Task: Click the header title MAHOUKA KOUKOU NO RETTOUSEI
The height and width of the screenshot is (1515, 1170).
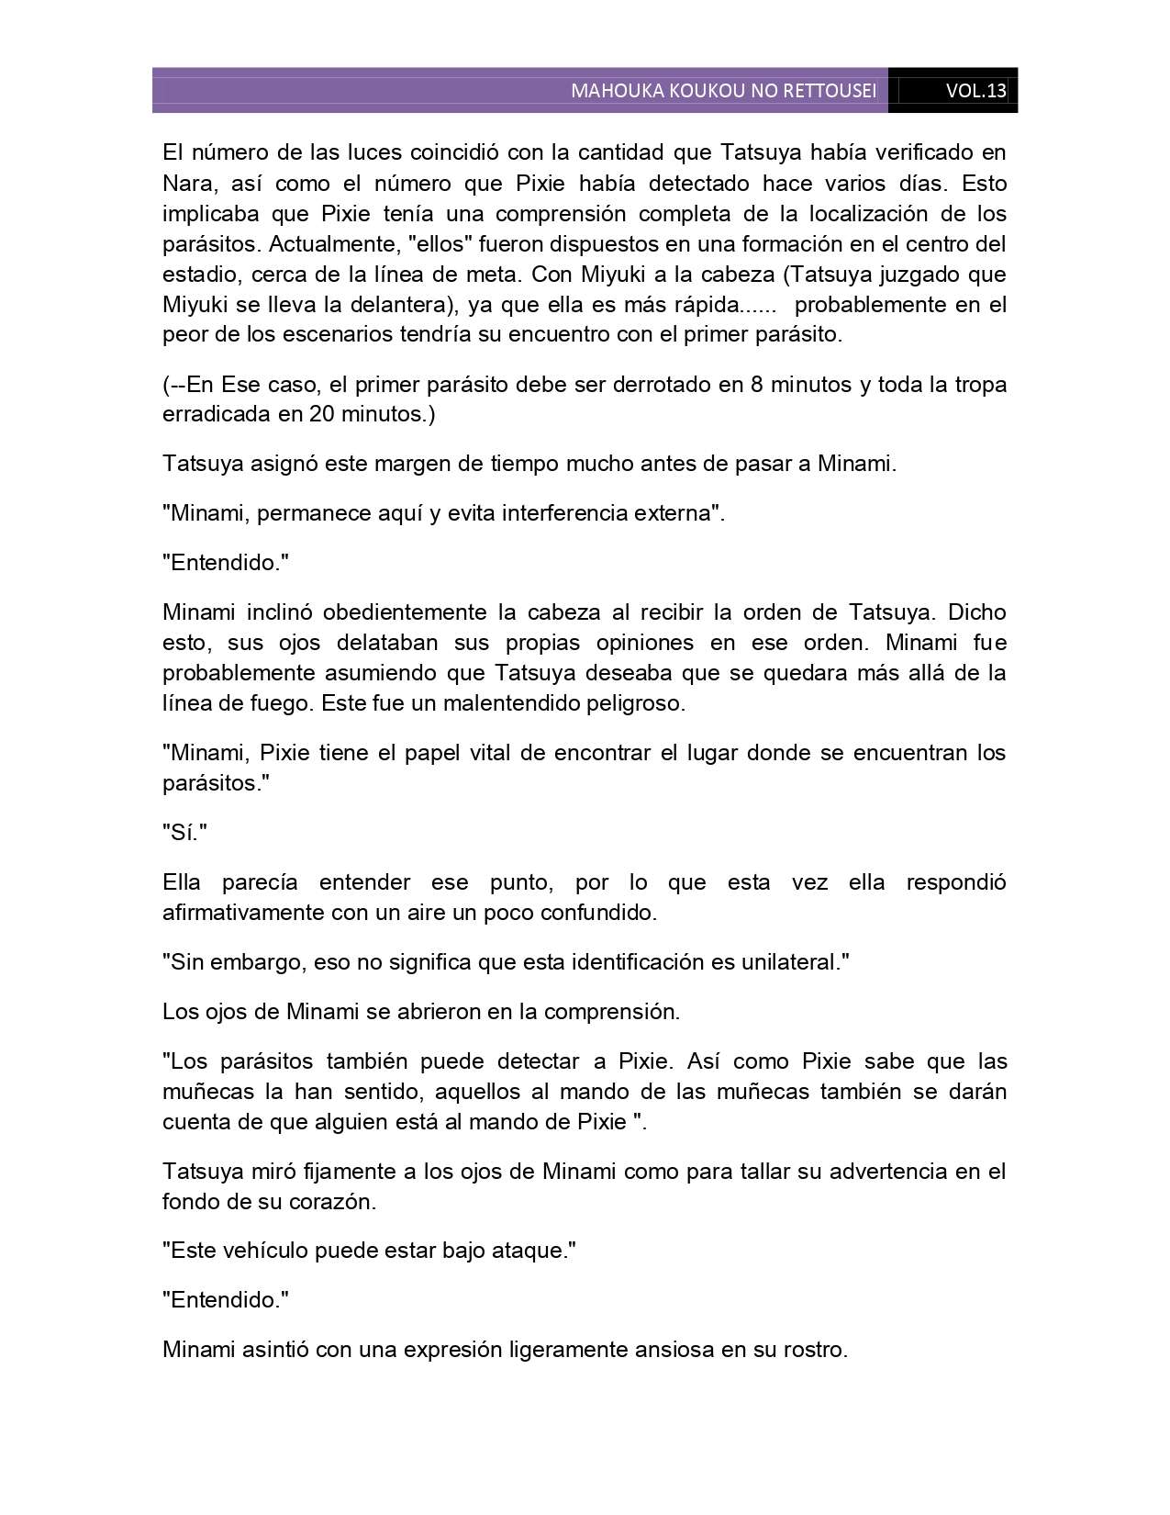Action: (723, 91)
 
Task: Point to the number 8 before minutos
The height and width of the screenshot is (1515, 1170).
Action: (756, 385)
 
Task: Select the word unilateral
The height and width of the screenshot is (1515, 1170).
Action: (788, 963)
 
